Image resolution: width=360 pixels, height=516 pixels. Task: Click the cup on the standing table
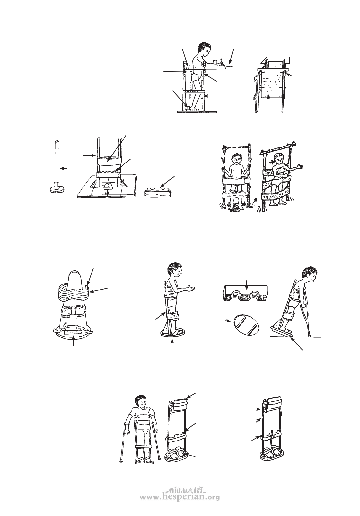(x=215, y=62)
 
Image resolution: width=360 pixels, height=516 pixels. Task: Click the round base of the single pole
(x=57, y=189)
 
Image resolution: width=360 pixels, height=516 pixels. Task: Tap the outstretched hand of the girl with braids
(x=300, y=166)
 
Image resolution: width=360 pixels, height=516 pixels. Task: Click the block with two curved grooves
(x=246, y=293)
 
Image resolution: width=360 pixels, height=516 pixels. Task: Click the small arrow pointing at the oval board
(x=228, y=321)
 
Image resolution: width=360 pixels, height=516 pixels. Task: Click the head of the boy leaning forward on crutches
(x=309, y=275)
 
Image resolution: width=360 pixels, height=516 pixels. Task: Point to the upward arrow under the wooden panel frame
(x=268, y=104)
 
